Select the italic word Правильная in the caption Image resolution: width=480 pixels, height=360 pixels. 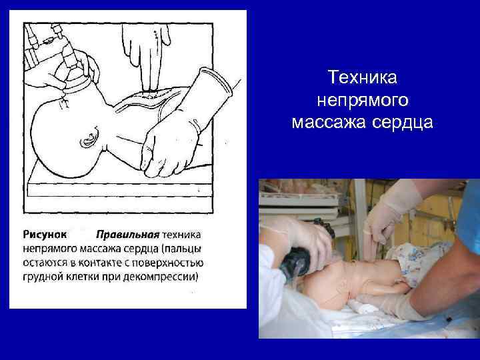(128, 235)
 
